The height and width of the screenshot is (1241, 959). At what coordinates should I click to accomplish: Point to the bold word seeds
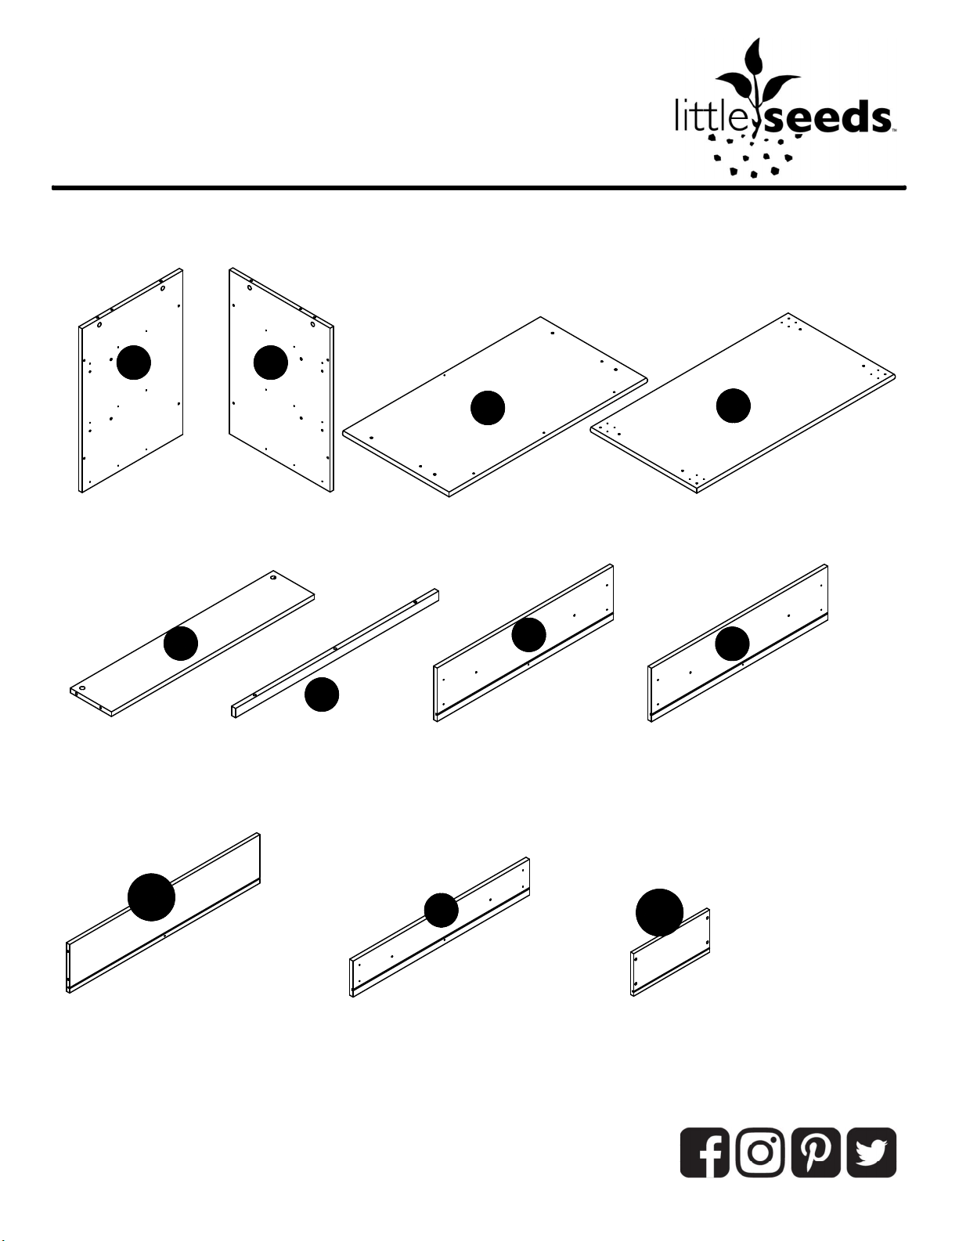point(826,117)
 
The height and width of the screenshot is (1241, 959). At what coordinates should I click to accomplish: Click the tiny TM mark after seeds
point(895,131)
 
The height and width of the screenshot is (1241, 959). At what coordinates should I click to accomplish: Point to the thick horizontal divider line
point(479,187)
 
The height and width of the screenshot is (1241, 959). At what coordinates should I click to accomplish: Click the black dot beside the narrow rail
point(322,694)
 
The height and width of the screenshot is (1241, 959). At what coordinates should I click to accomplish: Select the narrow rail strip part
point(335,653)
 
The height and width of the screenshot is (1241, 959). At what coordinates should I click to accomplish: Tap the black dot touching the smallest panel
point(659,912)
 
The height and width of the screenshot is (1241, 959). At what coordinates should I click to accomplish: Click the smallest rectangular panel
point(670,952)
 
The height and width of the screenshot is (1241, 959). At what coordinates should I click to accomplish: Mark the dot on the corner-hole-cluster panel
point(734,406)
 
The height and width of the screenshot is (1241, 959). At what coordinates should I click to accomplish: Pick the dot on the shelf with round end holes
point(181,643)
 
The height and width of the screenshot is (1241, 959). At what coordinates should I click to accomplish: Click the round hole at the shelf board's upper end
point(274,578)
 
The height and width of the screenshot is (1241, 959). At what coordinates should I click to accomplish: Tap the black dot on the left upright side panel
point(134,362)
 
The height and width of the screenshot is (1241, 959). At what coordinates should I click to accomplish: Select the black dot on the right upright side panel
point(271,362)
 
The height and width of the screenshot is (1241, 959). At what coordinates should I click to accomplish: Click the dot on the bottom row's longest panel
point(151,896)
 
